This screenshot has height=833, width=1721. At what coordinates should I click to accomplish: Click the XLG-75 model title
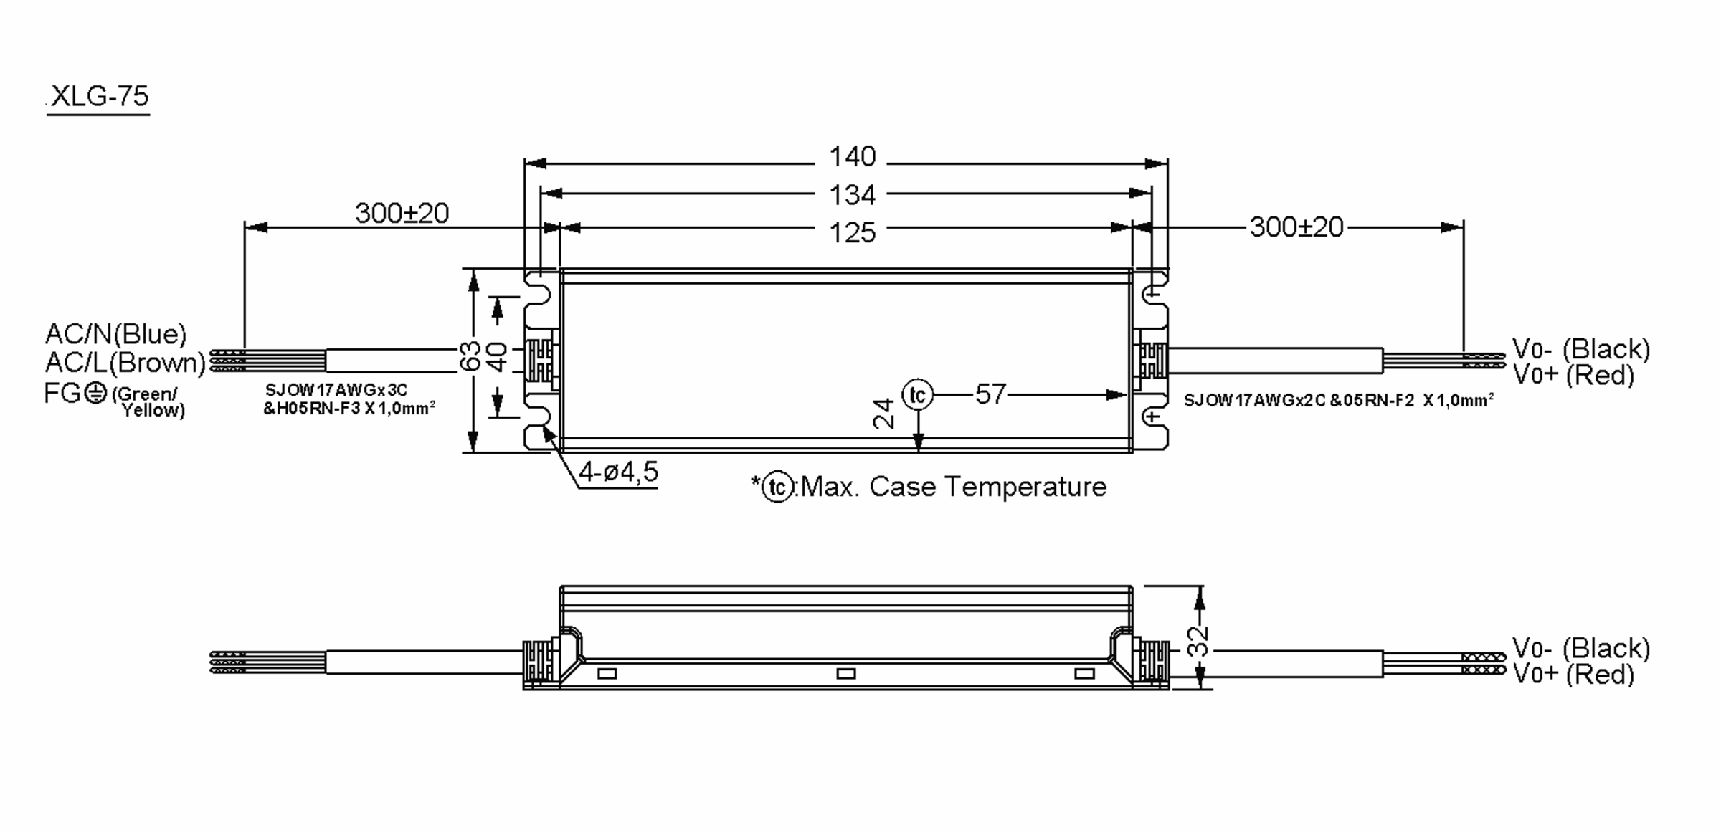coord(99,96)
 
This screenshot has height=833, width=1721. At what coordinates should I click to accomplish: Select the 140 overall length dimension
coord(852,156)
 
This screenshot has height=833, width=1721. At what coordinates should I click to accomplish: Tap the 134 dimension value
coord(852,194)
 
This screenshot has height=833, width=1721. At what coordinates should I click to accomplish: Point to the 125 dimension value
coord(852,232)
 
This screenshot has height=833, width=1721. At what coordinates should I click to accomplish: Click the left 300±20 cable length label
coord(402,213)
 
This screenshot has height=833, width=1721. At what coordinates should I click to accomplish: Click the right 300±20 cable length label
coord(1296,227)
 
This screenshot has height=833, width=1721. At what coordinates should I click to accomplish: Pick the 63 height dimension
coord(470,356)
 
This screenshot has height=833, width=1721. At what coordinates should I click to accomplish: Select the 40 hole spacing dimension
coord(497,356)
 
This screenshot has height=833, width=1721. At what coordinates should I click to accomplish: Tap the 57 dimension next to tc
coord(990,394)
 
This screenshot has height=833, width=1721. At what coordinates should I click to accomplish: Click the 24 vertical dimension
coord(884,414)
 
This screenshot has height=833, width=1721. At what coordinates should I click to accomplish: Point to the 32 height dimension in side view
coord(1198,641)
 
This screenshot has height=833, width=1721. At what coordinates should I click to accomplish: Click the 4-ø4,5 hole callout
coord(618,472)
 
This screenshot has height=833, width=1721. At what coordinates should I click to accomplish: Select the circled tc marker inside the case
coord(917,394)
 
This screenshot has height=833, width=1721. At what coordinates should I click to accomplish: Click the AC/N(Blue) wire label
coord(115,334)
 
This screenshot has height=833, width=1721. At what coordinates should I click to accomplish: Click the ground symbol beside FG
coord(95,393)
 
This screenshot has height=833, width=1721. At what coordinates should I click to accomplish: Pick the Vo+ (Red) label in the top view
coord(1573,375)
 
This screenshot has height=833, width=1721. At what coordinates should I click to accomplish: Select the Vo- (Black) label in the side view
coord(1580,648)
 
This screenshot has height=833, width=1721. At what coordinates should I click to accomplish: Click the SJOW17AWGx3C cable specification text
coord(336,390)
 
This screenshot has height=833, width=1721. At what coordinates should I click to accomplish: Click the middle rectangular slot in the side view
coord(846,674)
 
